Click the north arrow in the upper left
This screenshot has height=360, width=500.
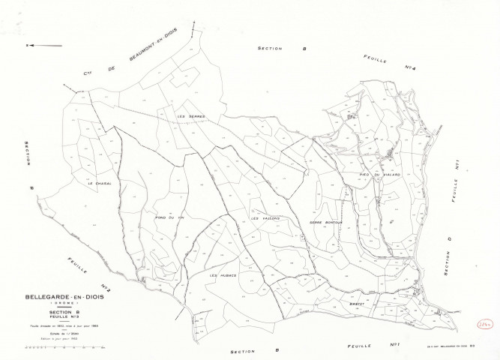44,46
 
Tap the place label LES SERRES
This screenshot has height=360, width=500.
190,116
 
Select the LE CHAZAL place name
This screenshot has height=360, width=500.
99,184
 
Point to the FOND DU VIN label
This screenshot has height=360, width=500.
169,217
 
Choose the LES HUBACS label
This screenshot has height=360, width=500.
223,276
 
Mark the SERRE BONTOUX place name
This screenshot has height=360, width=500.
325,223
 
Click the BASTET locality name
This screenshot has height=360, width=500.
356,304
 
